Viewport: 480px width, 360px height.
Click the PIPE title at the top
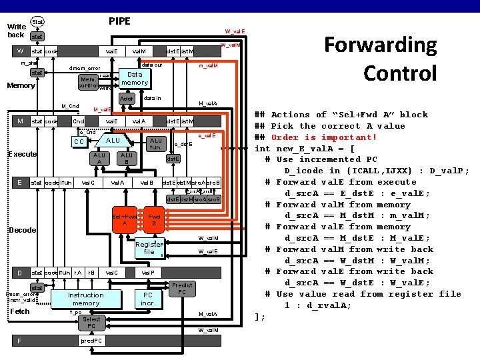pos(120,21)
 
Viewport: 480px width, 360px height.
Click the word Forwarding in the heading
pos(380,45)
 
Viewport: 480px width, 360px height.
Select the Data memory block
pos(134,79)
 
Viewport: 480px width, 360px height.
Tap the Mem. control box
pos(87,81)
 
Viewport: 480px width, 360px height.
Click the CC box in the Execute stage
pos(79,142)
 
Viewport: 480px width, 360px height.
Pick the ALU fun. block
pos(156,144)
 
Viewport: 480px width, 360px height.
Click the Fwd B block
pos(154,221)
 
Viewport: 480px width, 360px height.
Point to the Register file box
pos(149,248)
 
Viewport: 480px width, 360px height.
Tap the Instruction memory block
pos(85,299)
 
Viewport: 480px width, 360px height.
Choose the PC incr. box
pos(148,299)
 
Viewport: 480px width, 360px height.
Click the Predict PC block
pos(182,289)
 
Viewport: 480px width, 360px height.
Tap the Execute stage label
pos(22,155)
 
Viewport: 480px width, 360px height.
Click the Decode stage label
pos(22,230)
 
